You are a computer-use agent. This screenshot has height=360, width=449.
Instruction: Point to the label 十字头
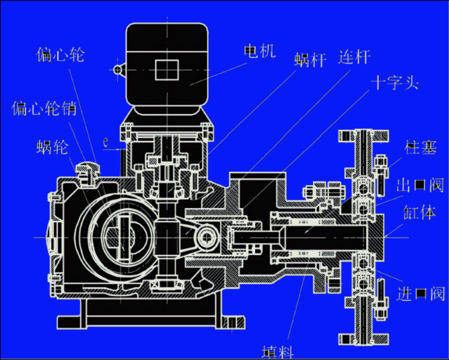[396, 83]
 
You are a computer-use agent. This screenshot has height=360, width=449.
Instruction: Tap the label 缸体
[419, 214]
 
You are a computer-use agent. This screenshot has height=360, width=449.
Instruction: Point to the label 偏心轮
[60, 55]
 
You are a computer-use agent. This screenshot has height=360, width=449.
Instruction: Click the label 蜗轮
[53, 148]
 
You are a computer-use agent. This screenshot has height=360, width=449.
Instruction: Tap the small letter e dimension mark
[106, 142]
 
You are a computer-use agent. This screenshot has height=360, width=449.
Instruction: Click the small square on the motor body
[167, 70]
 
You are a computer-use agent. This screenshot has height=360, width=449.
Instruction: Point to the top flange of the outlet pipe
[364, 134]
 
